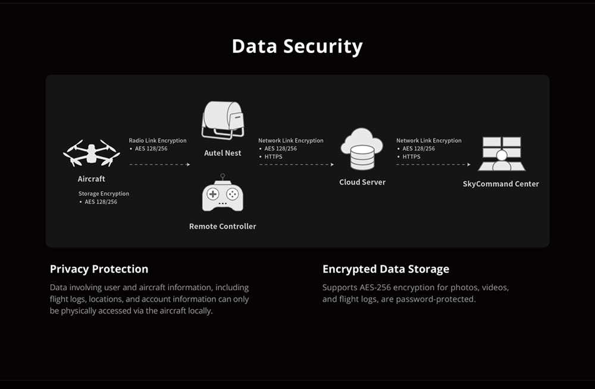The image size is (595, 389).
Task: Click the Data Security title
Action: [x=297, y=46]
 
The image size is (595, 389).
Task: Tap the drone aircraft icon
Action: [x=91, y=153]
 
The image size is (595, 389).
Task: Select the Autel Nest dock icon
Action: [x=223, y=121]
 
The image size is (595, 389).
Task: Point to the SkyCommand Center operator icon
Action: [x=501, y=154]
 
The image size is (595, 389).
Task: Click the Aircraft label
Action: [x=91, y=179]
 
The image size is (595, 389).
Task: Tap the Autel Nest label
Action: [x=223, y=153]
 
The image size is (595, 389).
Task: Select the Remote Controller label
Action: [x=223, y=227]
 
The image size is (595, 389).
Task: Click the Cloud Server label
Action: [x=362, y=182]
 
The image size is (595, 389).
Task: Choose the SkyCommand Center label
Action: [x=501, y=184]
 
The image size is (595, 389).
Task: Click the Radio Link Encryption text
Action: [x=158, y=141]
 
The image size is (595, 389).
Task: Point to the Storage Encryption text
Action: [x=104, y=194]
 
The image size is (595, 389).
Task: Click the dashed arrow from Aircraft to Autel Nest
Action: [x=159, y=164]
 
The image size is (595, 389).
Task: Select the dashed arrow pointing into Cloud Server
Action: [x=296, y=164]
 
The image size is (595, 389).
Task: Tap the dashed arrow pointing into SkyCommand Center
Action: [x=434, y=164]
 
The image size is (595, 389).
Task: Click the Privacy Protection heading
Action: [x=99, y=269]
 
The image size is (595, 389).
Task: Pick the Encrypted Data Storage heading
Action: [x=386, y=269]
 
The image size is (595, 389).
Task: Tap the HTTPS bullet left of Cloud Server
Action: [x=273, y=156]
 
